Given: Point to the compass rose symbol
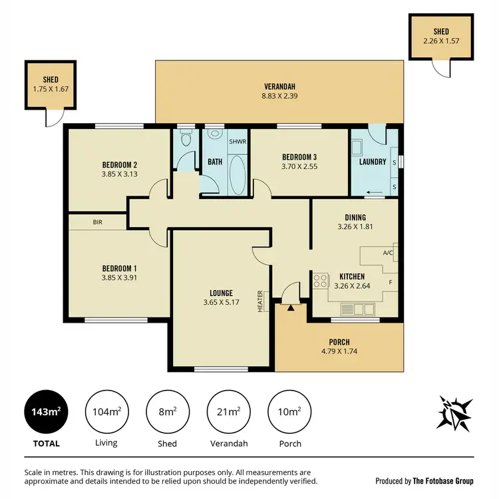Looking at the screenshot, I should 455,413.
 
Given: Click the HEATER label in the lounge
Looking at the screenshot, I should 261,300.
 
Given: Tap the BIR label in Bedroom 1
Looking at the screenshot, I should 98,222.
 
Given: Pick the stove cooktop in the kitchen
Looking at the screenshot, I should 321,281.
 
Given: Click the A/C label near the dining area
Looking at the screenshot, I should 388,253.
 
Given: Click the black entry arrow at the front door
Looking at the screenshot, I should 291,307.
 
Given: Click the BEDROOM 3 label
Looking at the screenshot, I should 298,157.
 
